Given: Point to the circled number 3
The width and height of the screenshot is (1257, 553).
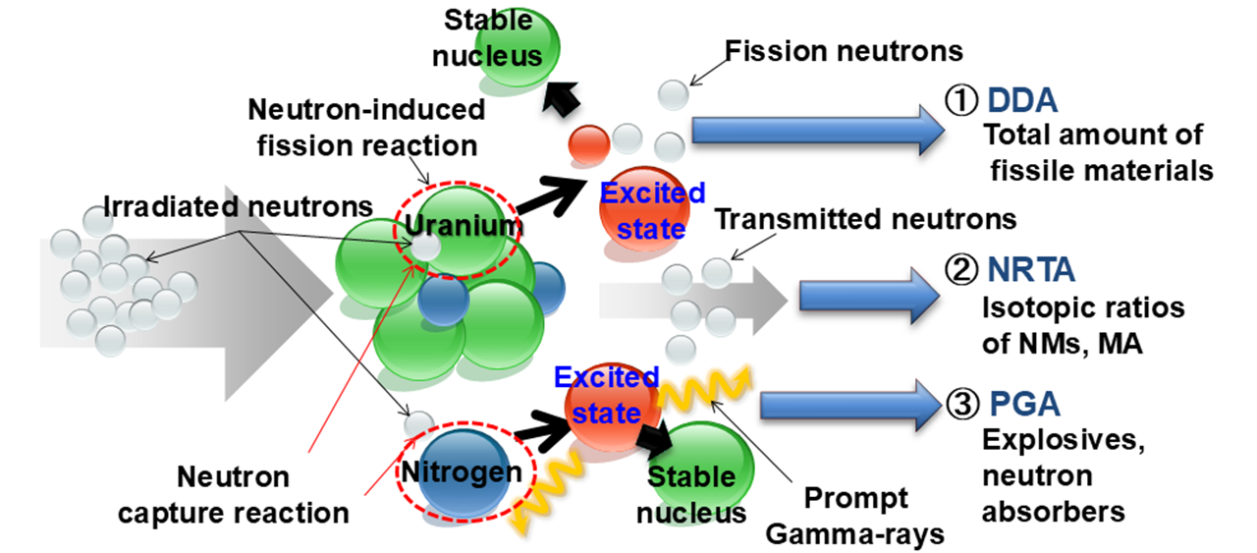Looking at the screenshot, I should (959, 404).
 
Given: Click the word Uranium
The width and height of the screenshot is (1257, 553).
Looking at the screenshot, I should (461, 225).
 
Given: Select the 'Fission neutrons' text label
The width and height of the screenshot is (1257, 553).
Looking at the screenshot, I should (843, 48).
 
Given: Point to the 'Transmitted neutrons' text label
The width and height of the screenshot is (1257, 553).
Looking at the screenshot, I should (864, 217).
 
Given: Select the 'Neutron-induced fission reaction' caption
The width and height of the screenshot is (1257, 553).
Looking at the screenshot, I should (366, 127).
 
